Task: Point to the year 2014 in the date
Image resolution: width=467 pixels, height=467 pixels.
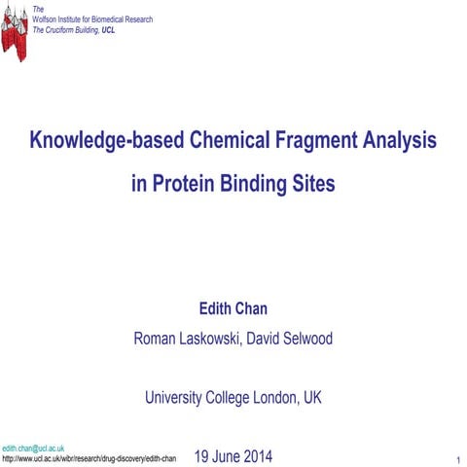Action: [256, 455]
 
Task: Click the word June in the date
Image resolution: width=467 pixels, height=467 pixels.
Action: [223, 455]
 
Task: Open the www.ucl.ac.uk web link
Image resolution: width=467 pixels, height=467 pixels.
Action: [89, 458]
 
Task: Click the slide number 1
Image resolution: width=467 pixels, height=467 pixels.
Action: [457, 458]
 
